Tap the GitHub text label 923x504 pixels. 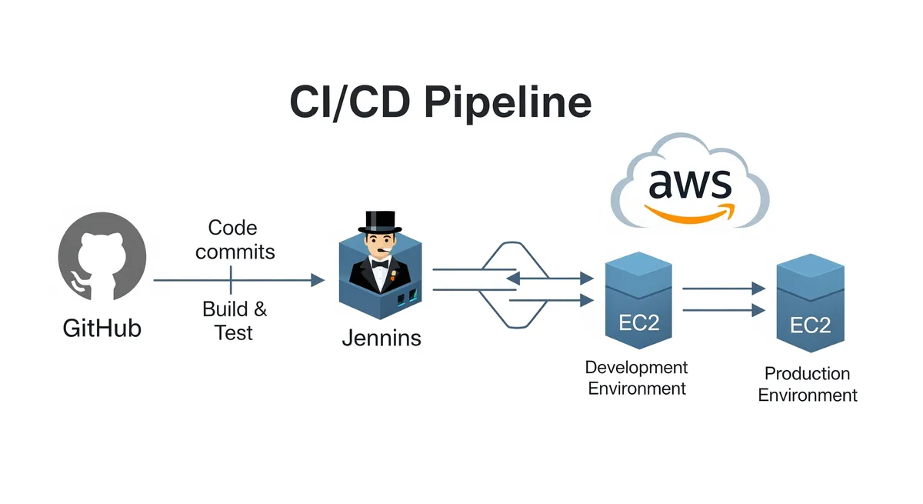pyautogui.click(x=102, y=329)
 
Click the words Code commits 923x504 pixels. pyautogui.click(x=233, y=239)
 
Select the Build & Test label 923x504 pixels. pyautogui.click(x=234, y=320)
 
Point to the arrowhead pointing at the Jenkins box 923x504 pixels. pyautogui.click(x=317, y=280)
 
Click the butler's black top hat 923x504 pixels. pyautogui.click(x=381, y=222)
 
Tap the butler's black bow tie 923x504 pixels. pyautogui.click(x=379, y=262)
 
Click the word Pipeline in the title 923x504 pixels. pyautogui.click(x=508, y=102)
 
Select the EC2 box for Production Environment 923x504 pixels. pyautogui.click(x=809, y=307)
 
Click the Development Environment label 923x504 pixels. pyautogui.click(x=636, y=378)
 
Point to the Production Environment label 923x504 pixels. pyautogui.click(x=807, y=384)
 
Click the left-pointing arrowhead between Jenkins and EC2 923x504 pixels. pyautogui.click(x=511, y=277)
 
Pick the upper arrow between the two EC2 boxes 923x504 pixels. pyautogui.click(x=724, y=289)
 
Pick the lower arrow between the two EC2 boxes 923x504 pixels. pyautogui.click(x=724, y=310)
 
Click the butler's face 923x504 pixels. pyautogui.click(x=380, y=248)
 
